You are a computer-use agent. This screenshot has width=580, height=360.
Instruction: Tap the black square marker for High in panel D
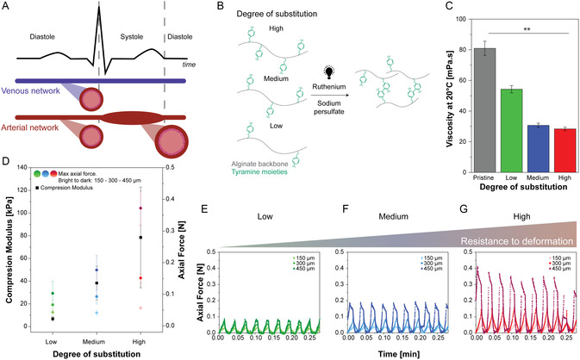click(141, 237)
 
